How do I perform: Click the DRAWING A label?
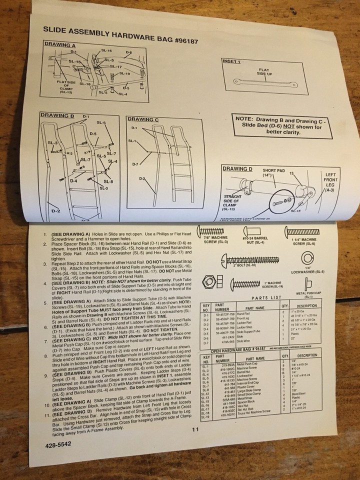pyautogui.click(x=59, y=44)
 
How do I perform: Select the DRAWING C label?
pyautogui.click(x=143, y=119)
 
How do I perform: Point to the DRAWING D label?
pyautogui.click(x=238, y=169)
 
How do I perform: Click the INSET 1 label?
pyautogui.click(x=231, y=61)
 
